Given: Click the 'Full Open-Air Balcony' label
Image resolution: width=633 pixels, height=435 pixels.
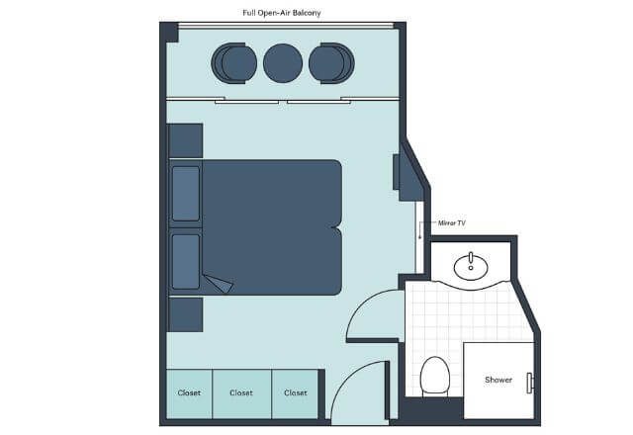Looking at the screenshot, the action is pyautogui.click(x=281, y=13).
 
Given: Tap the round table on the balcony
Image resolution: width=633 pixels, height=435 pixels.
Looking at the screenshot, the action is pyautogui.click(x=283, y=63).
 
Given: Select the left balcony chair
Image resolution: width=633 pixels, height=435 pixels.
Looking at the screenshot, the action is pyautogui.click(x=234, y=63).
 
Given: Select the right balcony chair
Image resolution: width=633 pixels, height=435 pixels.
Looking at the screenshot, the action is pyautogui.click(x=331, y=63).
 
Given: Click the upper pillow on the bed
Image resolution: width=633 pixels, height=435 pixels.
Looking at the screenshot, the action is pyautogui.click(x=186, y=194).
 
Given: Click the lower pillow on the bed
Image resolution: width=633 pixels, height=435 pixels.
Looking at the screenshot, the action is pyautogui.click(x=186, y=261).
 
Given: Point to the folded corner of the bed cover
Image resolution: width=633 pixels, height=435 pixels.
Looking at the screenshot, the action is pyautogui.click(x=220, y=283).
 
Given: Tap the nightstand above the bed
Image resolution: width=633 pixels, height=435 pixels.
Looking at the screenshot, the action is pyautogui.click(x=185, y=140).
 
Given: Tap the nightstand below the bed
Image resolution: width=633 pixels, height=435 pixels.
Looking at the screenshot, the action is pyautogui.click(x=185, y=314).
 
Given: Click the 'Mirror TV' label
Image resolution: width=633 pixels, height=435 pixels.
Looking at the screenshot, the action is pyautogui.click(x=452, y=222).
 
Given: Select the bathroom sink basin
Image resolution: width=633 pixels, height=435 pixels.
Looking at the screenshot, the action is pyautogui.click(x=471, y=266).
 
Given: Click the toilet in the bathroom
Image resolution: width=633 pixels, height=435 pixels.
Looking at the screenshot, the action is pyautogui.click(x=435, y=376).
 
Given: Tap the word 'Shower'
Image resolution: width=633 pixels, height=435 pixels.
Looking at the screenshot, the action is pyautogui.click(x=498, y=380).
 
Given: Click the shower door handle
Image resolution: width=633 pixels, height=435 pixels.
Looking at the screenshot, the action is pyautogui.click(x=530, y=383).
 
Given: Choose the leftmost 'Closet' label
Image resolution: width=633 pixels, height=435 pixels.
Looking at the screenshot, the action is pyautogui.click(x=189, y=392).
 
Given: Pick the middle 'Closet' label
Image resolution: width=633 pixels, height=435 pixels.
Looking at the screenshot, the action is pyautogui.click(x=241, y=392).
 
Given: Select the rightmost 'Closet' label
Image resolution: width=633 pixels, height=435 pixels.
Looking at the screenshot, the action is pyautogui.click(x=296, y=392).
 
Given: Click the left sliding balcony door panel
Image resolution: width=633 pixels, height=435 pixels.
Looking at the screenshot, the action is pyautogui.click(x=246, y=102).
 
